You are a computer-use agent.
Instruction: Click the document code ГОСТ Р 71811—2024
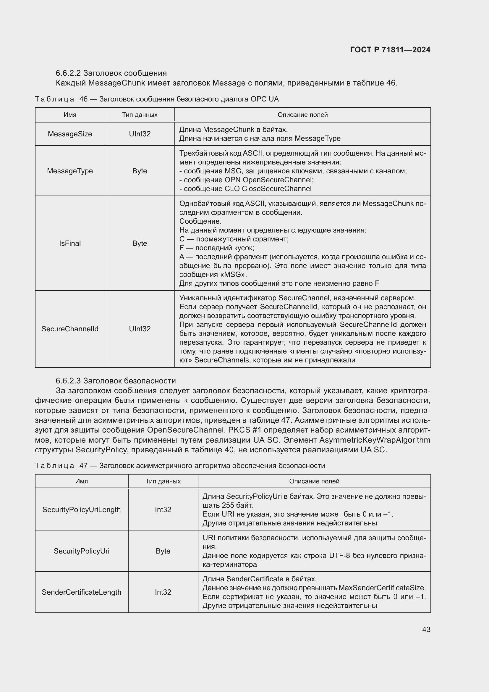click(390, 50)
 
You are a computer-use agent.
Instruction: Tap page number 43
click(426, 629)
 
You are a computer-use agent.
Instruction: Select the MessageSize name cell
click(70, 134)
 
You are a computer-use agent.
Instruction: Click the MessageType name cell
click(70, 171)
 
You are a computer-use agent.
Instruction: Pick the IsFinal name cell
click(70, 243)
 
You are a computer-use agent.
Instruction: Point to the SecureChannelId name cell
click(70, 329)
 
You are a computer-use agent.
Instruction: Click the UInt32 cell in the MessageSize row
click(140, 134)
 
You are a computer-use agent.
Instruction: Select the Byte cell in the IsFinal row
click(140, 243)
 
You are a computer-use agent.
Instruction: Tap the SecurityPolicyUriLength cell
click(82, 509)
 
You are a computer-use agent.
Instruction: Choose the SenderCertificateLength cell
click(82, 592)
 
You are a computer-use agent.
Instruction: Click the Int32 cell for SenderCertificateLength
click(163, 592)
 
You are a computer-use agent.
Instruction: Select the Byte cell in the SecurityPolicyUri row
click(163, 551)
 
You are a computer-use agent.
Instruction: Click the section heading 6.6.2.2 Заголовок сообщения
click(111, 73)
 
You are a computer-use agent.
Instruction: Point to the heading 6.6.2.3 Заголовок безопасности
click(116, 381)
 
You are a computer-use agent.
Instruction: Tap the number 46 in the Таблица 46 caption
click(83, 99)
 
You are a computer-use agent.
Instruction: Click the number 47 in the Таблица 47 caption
click(83, 466)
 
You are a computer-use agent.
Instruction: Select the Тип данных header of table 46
click(140, 115)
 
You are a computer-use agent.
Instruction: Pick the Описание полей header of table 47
click(314, 481)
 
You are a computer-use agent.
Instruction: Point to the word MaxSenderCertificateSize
click(382, 588)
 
